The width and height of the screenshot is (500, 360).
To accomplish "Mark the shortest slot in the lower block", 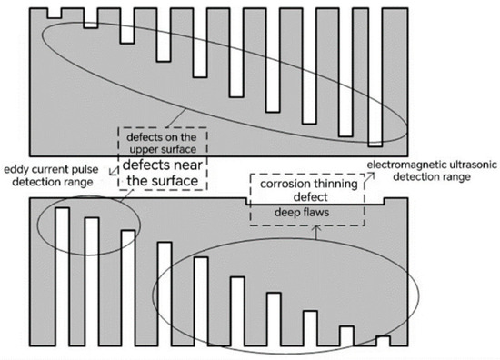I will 382,342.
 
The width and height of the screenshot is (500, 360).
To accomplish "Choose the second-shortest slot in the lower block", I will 345,335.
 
